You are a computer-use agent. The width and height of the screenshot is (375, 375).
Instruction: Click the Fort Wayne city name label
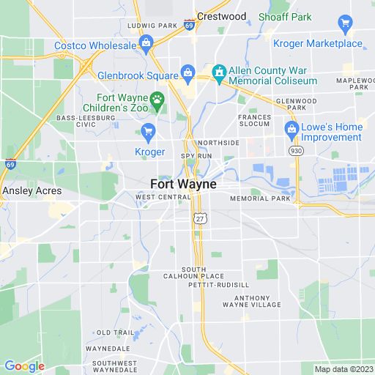(x=182, y=185)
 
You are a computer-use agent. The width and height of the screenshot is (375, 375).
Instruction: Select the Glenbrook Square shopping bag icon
(x=188, y=73)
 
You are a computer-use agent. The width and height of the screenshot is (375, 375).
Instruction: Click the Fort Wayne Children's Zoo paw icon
(x=156, y=98)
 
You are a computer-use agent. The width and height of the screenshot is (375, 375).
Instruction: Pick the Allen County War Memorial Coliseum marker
(x=218, y=73)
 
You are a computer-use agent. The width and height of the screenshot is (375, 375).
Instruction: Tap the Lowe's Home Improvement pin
(x=292, y=131)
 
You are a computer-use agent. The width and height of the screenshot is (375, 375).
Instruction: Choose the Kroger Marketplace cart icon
(x=345, y=24)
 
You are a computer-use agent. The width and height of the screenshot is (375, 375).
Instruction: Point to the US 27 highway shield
(x=199, y=218)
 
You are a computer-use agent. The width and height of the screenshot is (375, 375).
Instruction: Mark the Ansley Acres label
(x=30, y=190)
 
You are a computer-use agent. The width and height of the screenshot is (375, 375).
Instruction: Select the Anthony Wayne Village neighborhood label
(x=256, y=301)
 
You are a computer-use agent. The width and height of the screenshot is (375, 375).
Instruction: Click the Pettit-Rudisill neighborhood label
(x=218, y=284)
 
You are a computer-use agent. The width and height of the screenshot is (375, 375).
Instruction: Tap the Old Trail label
(x=116, y=332)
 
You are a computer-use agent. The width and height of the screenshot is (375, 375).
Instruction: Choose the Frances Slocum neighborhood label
(x=254, y=121)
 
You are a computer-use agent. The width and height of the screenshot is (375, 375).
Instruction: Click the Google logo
(x=24, y=366)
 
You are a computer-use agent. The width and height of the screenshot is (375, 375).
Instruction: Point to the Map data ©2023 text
(x=344, y=369)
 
